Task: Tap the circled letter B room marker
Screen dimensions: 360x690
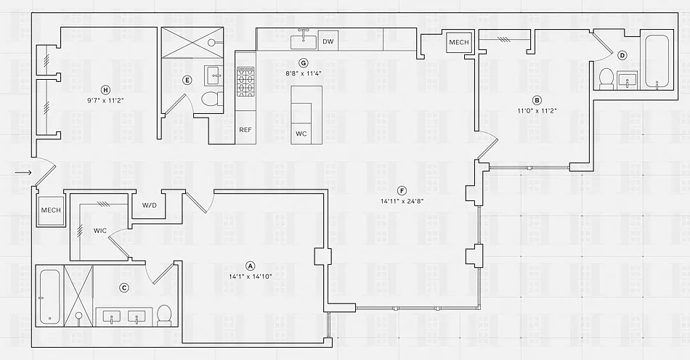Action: [x=537, y=100]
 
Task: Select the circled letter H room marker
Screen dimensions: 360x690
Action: [x=105, y=89]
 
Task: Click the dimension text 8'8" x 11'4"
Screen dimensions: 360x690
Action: [x=304, y=73]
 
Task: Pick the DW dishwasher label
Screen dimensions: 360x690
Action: [x=328, y=42]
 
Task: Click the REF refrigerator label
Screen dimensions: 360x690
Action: [x=245, y=130]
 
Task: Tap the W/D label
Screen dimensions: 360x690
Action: [x=149, y=205]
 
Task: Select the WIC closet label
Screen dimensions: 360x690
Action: [x=100, y=231]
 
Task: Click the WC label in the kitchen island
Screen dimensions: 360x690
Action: [x=301, y=134]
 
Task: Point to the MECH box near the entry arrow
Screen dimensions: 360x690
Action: [x=50, y=210]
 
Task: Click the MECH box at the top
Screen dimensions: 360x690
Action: [x=458, y=43]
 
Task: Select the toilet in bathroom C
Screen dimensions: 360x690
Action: [x=164, y=315]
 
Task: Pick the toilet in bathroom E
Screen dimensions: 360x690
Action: [x=211, y=99]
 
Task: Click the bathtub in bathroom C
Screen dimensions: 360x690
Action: [x=49, y=296]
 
